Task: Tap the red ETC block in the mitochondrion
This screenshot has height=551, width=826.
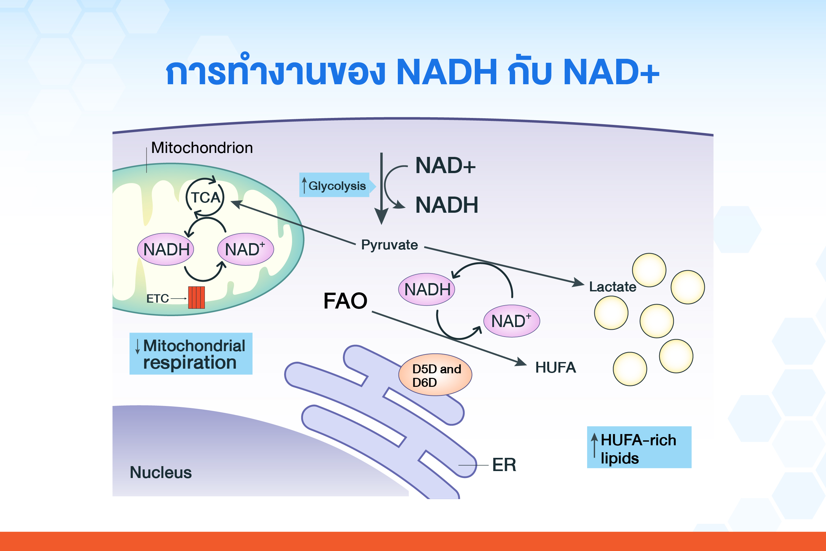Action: pyautogui.click(x=197, y=298)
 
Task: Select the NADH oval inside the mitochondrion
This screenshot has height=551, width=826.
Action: pyautogui.click(x=166, y=249)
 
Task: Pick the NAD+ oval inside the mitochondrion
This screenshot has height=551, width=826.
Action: pyautogui.click(x=245, y=249)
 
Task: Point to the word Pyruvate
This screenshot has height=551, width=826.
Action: pyautogui.click(x=390, y=245)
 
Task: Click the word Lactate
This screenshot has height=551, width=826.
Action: pyautogui.click(x=613, y=287)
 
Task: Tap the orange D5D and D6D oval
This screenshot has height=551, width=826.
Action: pyautogui.click(x=435, y=375)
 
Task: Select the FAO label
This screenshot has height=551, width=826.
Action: pyautogui.click(x=345, y=301)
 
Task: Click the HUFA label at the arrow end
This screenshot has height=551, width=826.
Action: pyautogui.click(x=555, y=368)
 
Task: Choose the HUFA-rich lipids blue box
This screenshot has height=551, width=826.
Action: pyautogui.click(x=639, y=447)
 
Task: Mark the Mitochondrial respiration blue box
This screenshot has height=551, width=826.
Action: pyautogui.click(x=191, y=353)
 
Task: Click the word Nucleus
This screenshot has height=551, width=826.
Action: pyautogui.click(x=161, y=472)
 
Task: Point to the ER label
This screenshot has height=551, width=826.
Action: pyautogui.click(x=504, y=464)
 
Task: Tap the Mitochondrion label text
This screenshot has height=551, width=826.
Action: pyautogui.click(x=202, y=148)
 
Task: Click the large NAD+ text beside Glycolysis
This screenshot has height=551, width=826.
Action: pyautogui.click(x=445, y=165)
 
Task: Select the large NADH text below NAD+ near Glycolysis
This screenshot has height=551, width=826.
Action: pyautogui.click(x=447, y=205)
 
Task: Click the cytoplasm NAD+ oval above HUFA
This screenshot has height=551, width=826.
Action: pyautogui.click(x=512, y=321)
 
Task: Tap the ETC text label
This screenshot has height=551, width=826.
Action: pyautogui.click(x=158, y=298)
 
